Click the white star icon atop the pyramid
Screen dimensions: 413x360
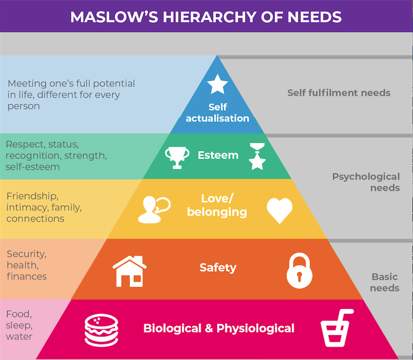pyautogui.click(x=218, y=85)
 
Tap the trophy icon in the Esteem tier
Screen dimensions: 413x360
pyautogui.click(x=177, y=157)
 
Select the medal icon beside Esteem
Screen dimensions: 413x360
pyautogui.click(x=257, y=157)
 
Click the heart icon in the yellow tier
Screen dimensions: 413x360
pyautogui.click(x=279, y=211)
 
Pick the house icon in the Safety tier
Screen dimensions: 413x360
pyautogui.click(x=129, y=271)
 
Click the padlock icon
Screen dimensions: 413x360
pyautogui.click(x=299, y=271)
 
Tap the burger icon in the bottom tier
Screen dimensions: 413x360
pyautogui.click(x=101, y=330)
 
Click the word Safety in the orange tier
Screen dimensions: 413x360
pyautogui.click(x=218, y=268)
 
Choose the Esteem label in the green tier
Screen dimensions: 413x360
pyautogui.click(x=218, y=155)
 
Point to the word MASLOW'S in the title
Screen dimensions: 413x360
pyautogui.click(x=114, y=17)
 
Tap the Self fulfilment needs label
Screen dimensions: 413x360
pyautogui.click(x=339, y=93)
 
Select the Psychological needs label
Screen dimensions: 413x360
pyautogui.click(x=366, y=182)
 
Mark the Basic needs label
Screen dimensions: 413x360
pyautogui.click(x=385, y=282)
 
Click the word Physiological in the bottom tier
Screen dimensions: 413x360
pyautogui.click(x=255, y=328)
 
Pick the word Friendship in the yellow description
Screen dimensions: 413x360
pyautogui.click(x=32, y=196)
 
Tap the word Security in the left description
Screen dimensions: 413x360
pyautogui.click(x=27, y=254)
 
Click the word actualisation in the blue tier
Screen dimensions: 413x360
pyautogui.click(x=218, y=118)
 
